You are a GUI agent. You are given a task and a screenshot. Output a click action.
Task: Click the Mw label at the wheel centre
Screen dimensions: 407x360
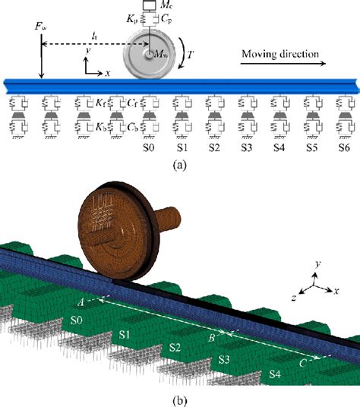click(161, 54)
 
